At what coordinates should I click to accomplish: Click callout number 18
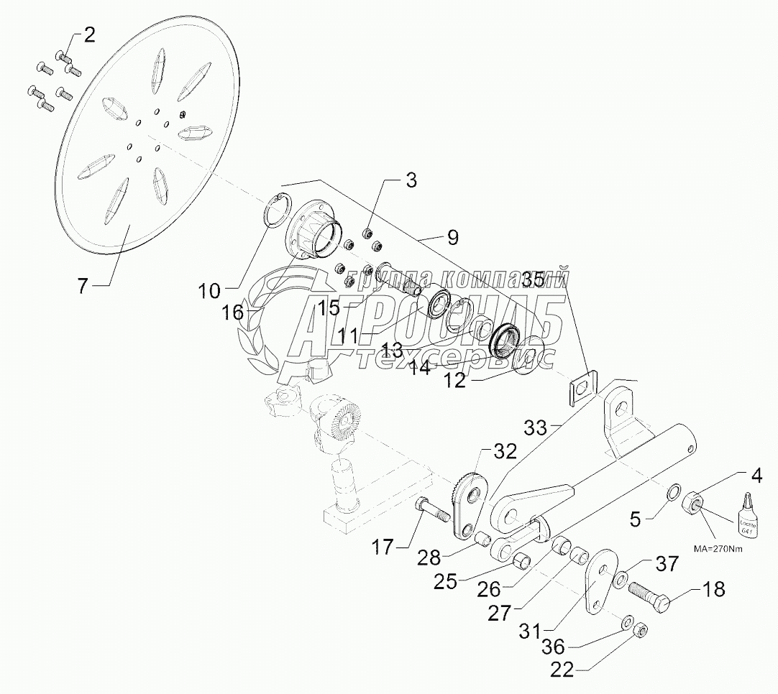coord(714,590)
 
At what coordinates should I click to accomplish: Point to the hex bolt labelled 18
coord(649,596)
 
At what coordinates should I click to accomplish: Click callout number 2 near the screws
coord(89,34)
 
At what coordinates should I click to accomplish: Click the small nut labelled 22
coord(641,630)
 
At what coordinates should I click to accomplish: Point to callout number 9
coord(453,236)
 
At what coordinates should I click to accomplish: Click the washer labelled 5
coord(675,493)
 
